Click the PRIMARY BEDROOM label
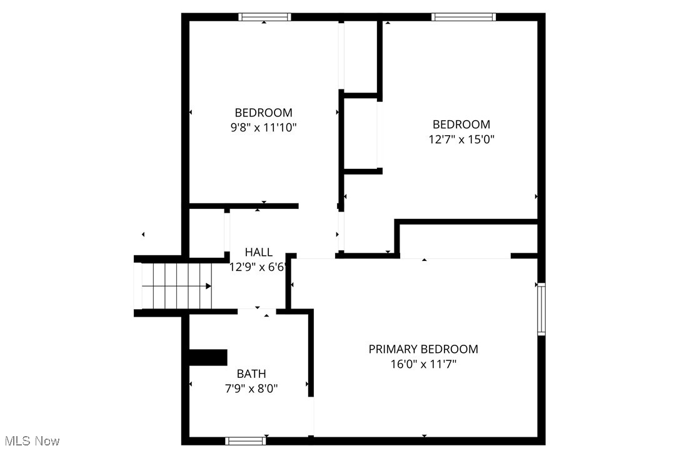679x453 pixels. tap(423, 349)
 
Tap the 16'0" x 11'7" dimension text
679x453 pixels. tap(423, 364)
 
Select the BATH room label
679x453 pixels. tap(251, 374)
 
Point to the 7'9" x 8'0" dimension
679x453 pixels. tap(251, 389)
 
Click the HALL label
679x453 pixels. tap(258, 252)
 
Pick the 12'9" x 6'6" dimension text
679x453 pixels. tap(258, 267)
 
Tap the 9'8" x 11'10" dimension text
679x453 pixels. tap(263, 128)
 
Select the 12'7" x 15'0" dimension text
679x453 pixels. tap(461, 139)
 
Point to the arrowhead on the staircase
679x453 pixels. tap(208, 287)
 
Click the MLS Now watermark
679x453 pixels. tap(31, 441)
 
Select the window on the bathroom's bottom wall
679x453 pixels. tap(246, 440)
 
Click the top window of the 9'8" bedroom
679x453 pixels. tap(264, 17)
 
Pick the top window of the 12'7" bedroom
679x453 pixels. tap(464, 17)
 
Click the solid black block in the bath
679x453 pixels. tap(208, 357)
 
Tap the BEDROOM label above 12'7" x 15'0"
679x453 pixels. tap(461, 124)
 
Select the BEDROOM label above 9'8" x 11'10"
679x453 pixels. tap(263, 113)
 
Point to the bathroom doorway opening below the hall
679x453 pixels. tap(257, 310)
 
